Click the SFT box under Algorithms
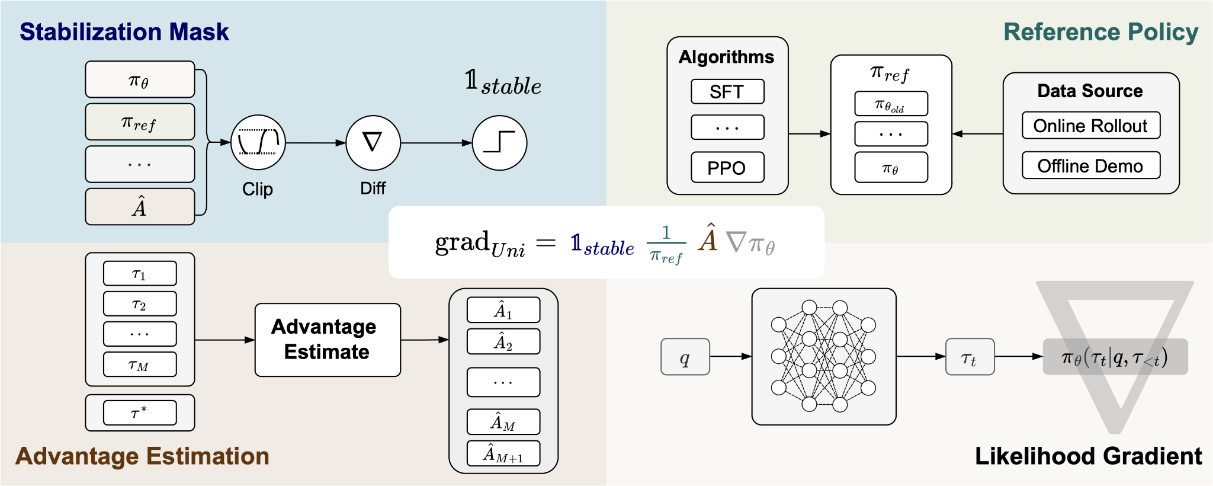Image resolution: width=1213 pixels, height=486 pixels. [x=727, y=92]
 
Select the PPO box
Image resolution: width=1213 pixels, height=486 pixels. [x=727, y=168]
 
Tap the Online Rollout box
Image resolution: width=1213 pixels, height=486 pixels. [x=1090, y=126]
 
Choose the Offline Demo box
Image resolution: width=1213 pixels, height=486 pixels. [x=1090, y=166]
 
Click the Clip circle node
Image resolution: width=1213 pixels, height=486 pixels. [x=258, y=143]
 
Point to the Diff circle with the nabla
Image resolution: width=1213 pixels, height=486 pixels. [x=373, y=143]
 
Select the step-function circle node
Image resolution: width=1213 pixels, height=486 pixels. [x=499, y=143]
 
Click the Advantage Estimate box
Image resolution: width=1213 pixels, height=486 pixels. [x=328, y=340]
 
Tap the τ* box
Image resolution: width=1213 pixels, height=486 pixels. [x=140, y=413]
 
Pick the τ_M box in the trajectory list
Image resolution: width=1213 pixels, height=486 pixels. [x=140, y=364]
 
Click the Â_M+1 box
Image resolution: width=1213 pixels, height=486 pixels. [x=503, y=454]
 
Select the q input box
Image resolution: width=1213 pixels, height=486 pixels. [x=685, y=357]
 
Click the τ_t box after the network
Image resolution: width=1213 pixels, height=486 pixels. [x=970, y=357]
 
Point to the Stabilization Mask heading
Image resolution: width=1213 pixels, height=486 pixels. [x=124, y=32]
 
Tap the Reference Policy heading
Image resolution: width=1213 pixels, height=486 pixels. [x=1100, y=32]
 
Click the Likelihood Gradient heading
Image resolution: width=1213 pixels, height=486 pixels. [x=1088, y=456]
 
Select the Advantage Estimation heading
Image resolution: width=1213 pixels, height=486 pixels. [x=142, y=456]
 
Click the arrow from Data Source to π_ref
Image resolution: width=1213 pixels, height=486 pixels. [x=977, y=134]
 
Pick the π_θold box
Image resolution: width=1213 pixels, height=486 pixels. [x=891, y=104]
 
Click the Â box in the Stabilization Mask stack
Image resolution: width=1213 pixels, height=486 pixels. [x=140, y=207]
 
